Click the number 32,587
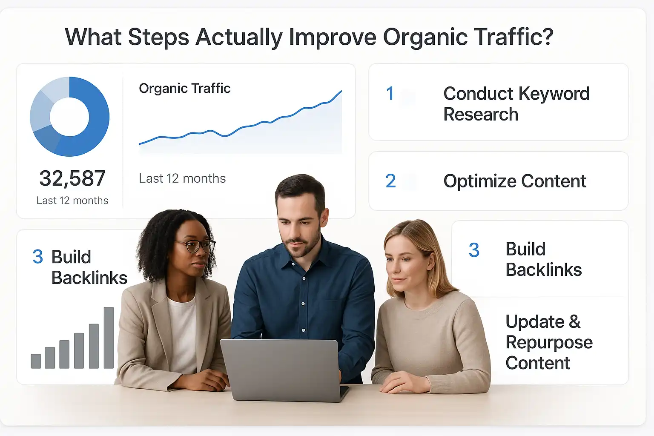(72, 178)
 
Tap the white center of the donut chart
(69, 117)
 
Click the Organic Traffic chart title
(184, 88)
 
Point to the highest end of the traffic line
(341, 92)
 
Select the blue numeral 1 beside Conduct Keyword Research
(390, 94)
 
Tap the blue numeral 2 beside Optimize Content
(390, 181)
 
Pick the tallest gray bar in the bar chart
(109, 337)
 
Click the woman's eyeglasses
(195, 246)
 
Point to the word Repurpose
(549, 343)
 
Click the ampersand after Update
(574, 321)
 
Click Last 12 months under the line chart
(182, 178)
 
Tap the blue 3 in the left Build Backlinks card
(37, 257)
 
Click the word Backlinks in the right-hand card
(543, 270)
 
